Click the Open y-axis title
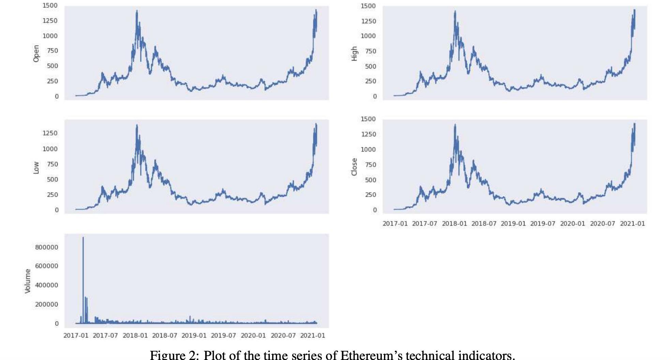[36, 54]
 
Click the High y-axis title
[354, 54]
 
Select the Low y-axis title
[36, 168]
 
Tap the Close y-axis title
[354, 167]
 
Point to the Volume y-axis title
[28, 281]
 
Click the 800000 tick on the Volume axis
[46, 247]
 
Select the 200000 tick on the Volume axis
[46, 304]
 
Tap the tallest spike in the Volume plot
[83, 238]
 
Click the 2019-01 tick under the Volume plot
[194, 335]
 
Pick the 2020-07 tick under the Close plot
[602, 224]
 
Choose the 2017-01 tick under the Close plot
[395, 224]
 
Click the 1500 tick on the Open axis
[50, 5]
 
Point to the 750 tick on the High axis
[370, 51]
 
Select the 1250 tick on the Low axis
[50, 133]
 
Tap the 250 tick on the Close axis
[370, 195]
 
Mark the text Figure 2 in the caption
[174, 355]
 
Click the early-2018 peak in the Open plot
[137, 11]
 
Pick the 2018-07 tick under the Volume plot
[165, 335]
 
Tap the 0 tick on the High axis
[375, 96]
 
